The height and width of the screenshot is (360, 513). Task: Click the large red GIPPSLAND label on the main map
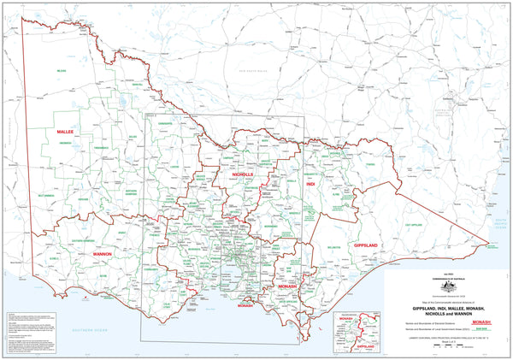coord(364,245)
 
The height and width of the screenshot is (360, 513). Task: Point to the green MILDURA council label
coord(62,70)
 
